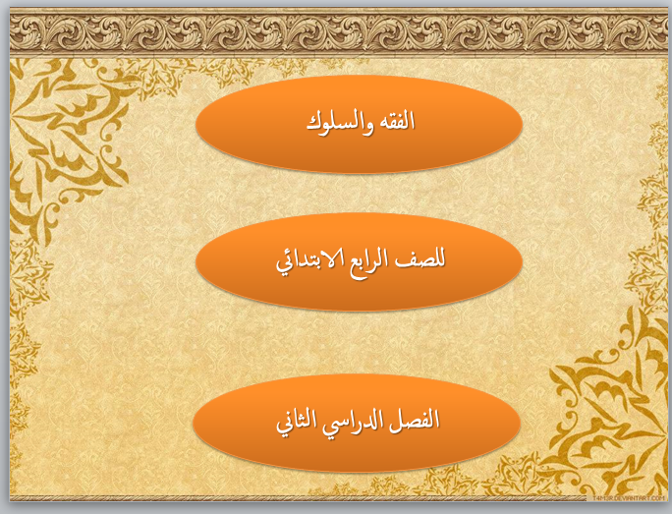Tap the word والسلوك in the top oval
(x=340, y=124)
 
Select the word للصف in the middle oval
(x=420, y=258)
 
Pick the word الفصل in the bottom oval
(x=415, y=419)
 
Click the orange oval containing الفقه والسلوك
(x=360, y=124)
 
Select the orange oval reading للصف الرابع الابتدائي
(x=360, y=262)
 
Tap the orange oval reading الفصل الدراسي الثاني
(x=357, y=424)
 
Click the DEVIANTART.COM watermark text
(x=629, y=498)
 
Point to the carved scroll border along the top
(x=339, y=33)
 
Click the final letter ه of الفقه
(x=380, y=124)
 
